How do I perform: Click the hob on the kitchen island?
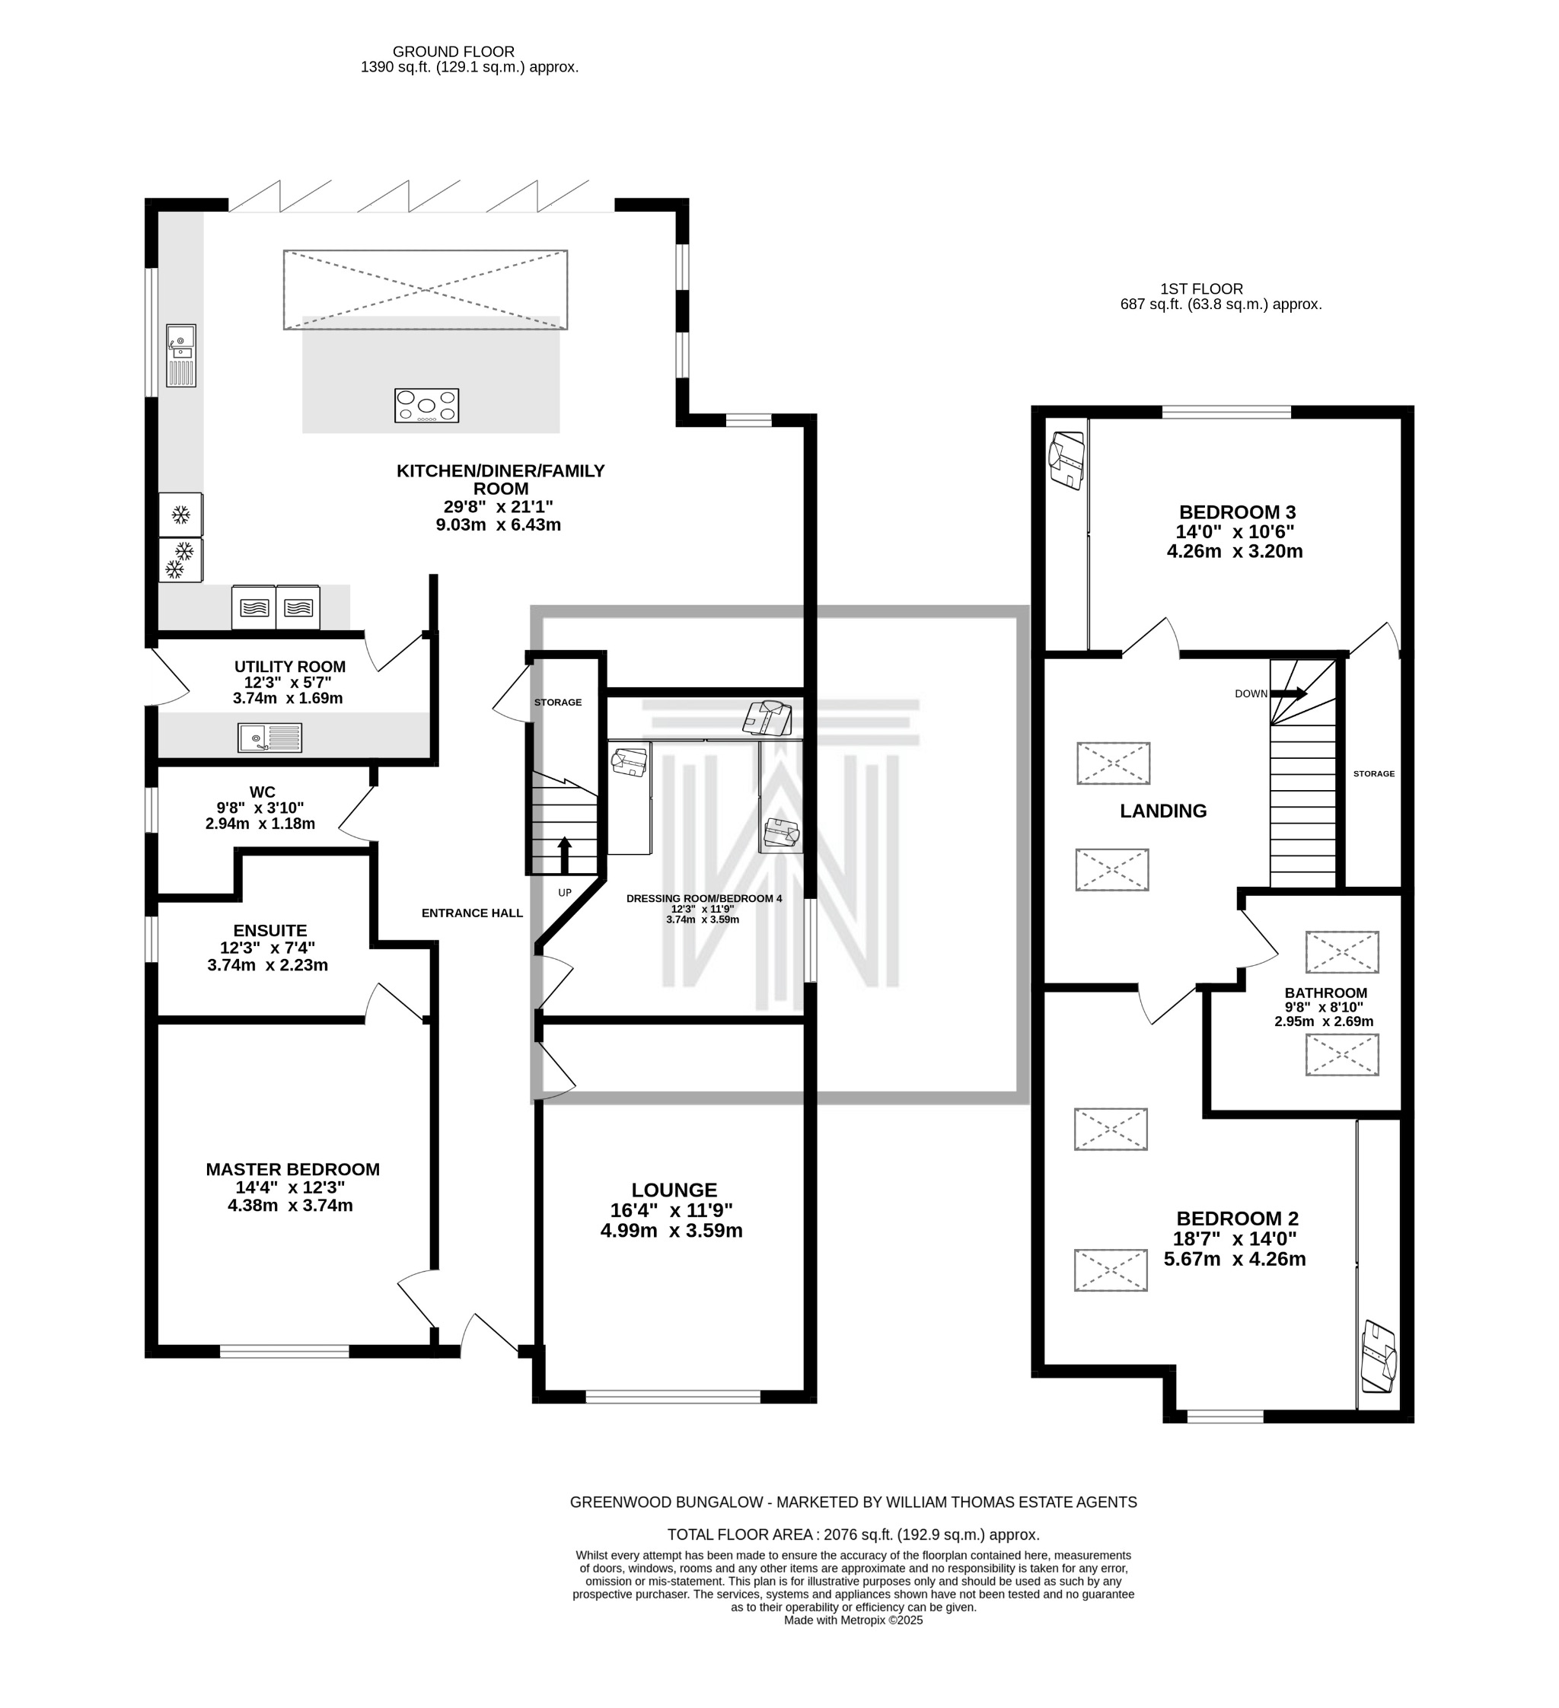coord(426,406)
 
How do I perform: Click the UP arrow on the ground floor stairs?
coord(563,856)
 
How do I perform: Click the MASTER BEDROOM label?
coord(292,1169)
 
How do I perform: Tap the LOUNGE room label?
coord(674,1190)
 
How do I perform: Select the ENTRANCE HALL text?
coord(472,913)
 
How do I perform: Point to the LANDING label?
coord(1162,811)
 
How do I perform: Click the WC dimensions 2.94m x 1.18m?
coord(260,824)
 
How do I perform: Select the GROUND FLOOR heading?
coord(453,52)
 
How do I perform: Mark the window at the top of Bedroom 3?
coord(1226,413)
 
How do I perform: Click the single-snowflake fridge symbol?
coord(180,515)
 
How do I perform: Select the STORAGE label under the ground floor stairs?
coord(557,703)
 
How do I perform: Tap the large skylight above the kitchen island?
coord(426,290)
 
